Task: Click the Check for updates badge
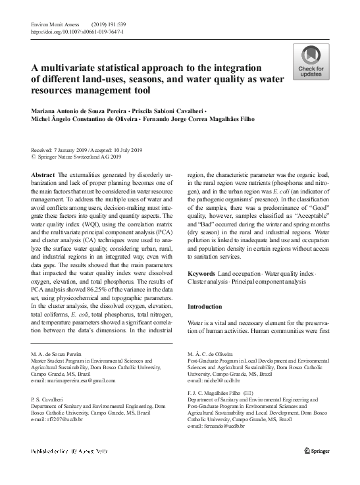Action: click(311, 62)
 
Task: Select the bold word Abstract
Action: click(43, 174)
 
